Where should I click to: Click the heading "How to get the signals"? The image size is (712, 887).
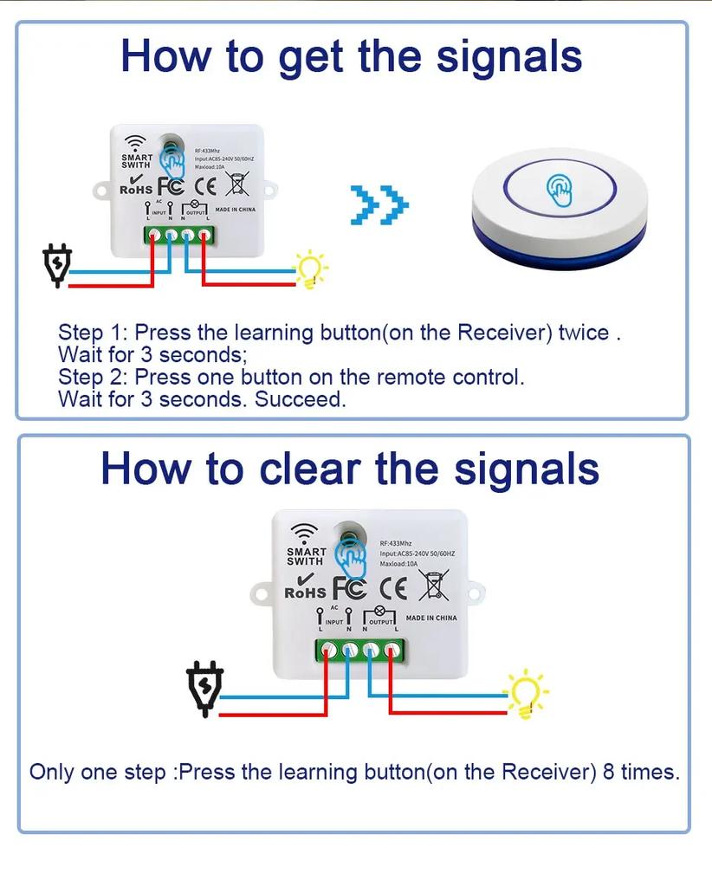[x=351, y=55]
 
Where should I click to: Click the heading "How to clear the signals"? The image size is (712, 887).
[x=350, y=469]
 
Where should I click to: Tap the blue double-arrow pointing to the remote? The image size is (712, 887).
[x=379, y=205]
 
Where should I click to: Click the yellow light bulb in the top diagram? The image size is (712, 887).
[x=310, y=269]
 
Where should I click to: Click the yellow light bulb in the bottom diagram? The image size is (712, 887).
[x=527, y=694]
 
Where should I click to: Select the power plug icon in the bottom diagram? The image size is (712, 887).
[x=205, y=689]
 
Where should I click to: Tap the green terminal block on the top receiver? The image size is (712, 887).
[x=179, y=235]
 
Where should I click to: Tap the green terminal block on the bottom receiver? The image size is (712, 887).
[x=360, y=650]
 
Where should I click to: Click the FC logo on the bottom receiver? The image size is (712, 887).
[x=350, y=588]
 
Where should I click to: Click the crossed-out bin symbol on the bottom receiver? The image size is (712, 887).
[x=434, y=586]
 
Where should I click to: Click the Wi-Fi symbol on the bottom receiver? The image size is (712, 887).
[x=304, y=532]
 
